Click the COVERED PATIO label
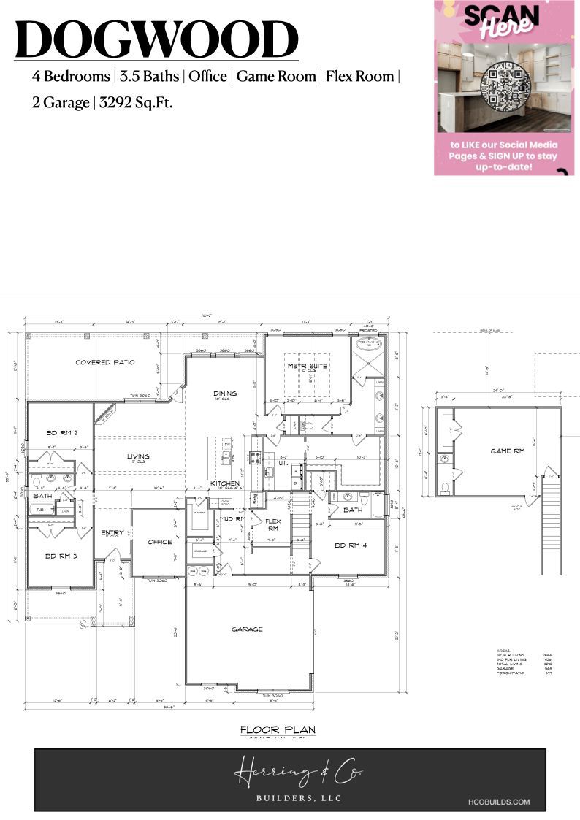tap(105, 362)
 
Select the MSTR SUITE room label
tap(306, 365)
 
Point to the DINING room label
tap(225, 394)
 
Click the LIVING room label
tap(138, 457)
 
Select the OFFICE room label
tap(159, 542)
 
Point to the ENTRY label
tap(112, 532)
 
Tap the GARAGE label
tap(247, 629)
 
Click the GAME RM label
tap(507, 451)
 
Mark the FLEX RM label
tap(272, 524)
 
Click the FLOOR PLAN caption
tap(278, 729)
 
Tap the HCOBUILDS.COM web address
tap(499, 802)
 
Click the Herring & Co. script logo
tap(298, 773)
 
